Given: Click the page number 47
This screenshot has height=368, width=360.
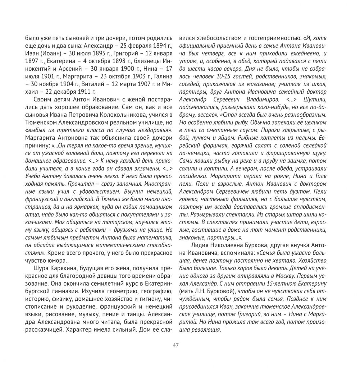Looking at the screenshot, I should pos(176,345).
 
